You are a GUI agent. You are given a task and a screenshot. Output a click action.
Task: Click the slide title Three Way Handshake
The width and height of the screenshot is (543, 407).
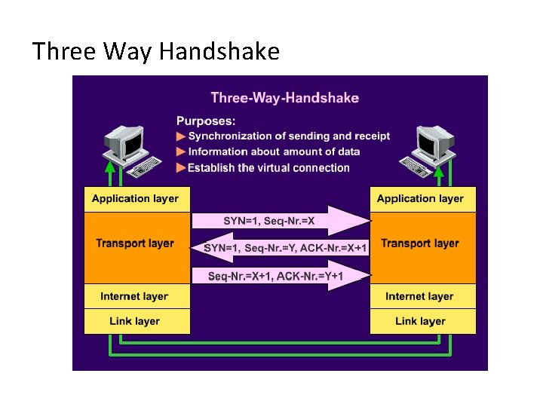click(x=155, y=51)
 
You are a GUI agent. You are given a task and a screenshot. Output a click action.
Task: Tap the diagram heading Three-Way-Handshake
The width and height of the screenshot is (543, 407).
click(x=284, y=97)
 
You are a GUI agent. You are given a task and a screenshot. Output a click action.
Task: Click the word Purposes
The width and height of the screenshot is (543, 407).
click(x=205, y=120)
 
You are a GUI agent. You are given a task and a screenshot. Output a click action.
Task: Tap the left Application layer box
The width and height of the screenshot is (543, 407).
click(x=135, y=199)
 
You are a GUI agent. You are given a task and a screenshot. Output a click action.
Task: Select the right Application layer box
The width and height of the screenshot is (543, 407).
click(x=420, y=199)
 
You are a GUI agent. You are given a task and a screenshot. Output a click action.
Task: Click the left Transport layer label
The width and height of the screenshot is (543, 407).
click(x=135, y=243)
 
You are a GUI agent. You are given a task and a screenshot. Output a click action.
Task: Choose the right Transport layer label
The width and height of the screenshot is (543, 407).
click(x=420, y=243)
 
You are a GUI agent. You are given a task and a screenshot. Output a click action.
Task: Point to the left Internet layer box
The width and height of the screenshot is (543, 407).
click(x=135, y=296)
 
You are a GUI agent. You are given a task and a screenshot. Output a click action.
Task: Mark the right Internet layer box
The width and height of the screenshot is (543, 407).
click(x=420, y=296)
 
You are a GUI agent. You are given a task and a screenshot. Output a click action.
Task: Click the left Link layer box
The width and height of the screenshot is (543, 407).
click(x=135, y=321)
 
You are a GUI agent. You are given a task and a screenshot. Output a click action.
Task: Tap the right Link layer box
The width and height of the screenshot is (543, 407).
click(x=420, y=321)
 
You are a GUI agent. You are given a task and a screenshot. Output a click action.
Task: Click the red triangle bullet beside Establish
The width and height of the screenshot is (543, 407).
click(x=180, y=167)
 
